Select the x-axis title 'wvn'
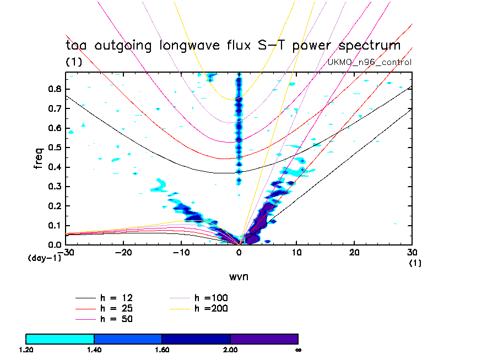(x=239, y=276)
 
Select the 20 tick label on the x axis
(x=354, y=252)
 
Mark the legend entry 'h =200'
(x=212, y=308)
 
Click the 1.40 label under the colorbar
(x=94, y=350)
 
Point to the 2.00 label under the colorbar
(x=230, y=350)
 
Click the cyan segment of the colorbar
(x=60, y=339)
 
